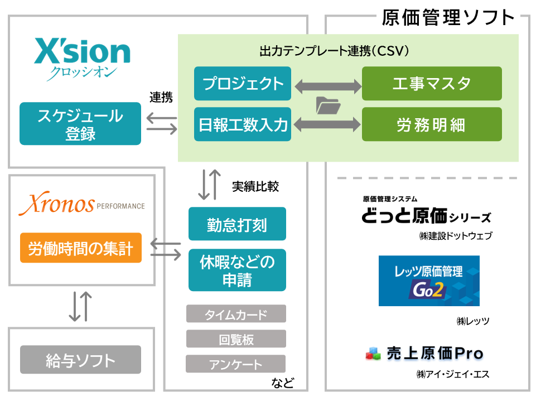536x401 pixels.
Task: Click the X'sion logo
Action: coord(82,57)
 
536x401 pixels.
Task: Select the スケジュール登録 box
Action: coord(80,124)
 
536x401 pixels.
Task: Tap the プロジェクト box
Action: coord(243,84)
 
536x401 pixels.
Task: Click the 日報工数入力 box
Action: coord(243,124)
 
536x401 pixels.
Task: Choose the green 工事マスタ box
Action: coord(432,84)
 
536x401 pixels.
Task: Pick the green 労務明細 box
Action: coord(432,124)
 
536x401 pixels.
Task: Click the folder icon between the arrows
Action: coord(327,105)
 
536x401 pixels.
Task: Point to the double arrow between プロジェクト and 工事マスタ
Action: coord(327,85)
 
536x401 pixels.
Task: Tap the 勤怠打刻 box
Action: coord(237,224)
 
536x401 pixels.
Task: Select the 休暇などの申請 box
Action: coord(237,270)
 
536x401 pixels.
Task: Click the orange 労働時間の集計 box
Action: coord(80,248)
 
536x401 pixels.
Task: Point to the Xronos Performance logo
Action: coord(81,205)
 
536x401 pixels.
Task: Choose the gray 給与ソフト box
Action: coord(80,360)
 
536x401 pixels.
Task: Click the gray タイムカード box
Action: coord(236,314)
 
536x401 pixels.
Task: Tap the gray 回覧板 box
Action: coord(236,339)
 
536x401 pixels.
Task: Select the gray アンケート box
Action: coord(236,364)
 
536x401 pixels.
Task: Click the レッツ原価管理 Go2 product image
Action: coord(428,281)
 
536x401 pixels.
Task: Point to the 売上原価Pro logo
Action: coord(424,353)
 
